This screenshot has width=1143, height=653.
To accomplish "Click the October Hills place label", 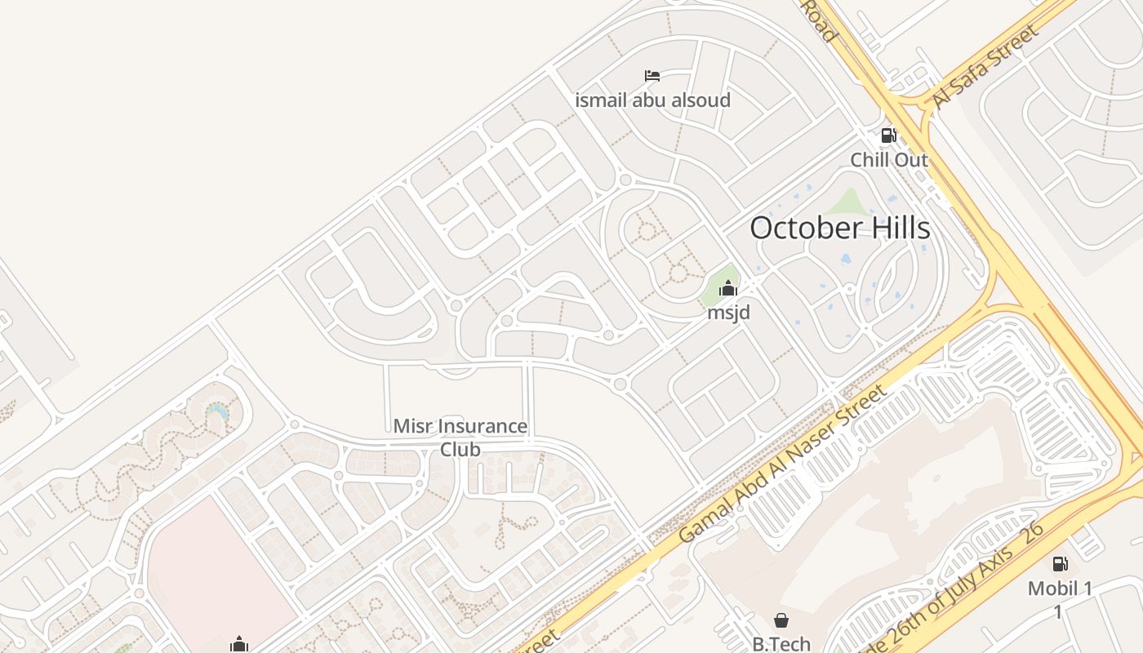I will point(839,228).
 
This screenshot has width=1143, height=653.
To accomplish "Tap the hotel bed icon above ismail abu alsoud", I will point(652,77).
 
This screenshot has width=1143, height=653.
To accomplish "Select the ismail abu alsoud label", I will point(652,100).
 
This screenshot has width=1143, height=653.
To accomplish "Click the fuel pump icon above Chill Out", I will point(888,135).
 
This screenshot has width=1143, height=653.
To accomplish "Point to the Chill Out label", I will point(889,159).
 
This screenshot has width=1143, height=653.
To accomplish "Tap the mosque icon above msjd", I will point(728,288).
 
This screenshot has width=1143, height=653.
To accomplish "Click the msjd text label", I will point(728,312).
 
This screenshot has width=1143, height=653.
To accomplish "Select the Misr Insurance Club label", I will point(460,438).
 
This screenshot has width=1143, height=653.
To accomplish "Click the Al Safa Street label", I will point(986,67).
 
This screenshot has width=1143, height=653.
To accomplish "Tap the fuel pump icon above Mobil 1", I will point(1060,563).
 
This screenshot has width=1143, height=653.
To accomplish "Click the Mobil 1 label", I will point(1060,588).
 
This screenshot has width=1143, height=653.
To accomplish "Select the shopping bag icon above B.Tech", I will point(781,620).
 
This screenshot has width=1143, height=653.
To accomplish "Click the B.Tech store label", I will point(781,643).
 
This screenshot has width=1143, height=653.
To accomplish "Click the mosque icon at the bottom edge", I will point(238,645).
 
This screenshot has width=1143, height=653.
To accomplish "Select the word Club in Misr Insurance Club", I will point(460,449).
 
